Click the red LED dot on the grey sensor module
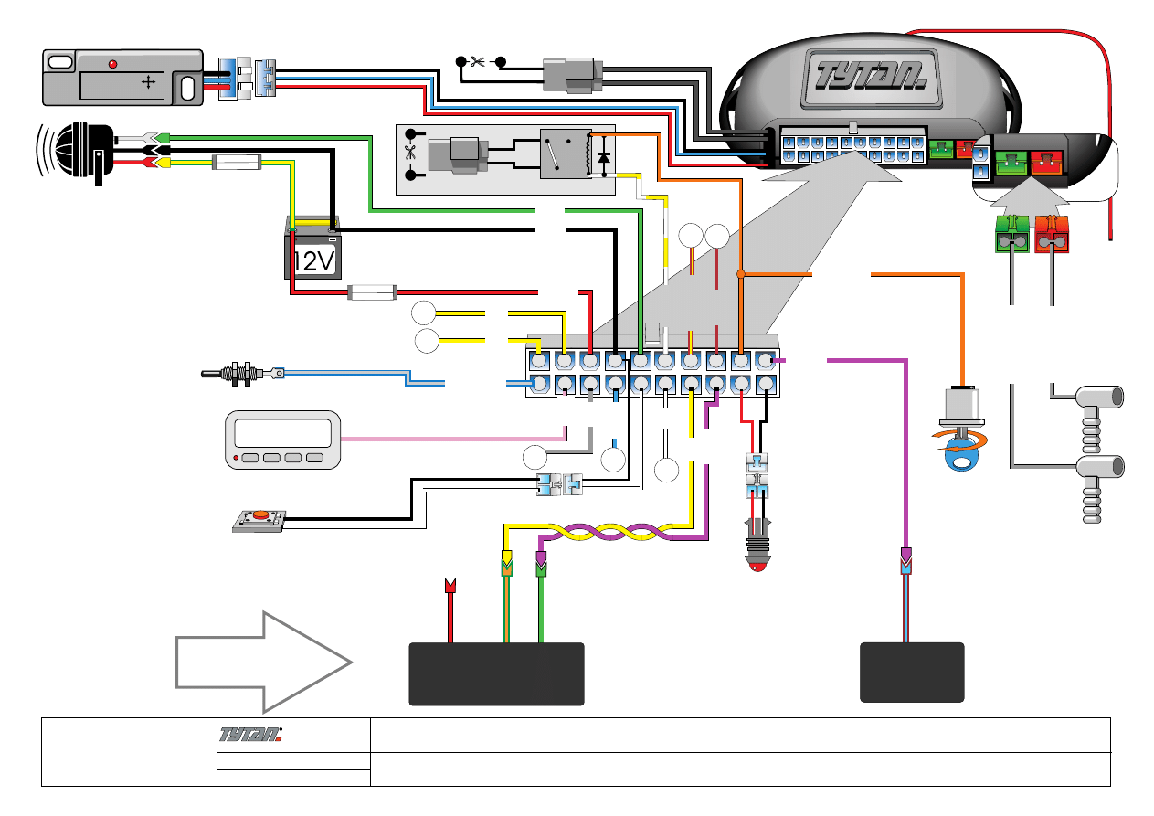point(112,65)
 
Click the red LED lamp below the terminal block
point(757,552)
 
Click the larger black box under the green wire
point(495,673)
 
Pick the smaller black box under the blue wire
point(912,672)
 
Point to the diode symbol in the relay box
point(602,157)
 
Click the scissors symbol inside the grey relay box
point(409,154)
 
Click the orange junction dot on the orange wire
point(740,273)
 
